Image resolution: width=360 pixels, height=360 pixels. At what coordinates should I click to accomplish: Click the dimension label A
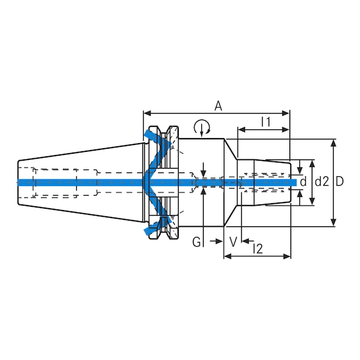(218, 106)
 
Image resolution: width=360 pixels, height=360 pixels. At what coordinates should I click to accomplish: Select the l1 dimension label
(265, 122)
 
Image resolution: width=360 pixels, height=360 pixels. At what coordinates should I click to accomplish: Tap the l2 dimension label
(257, 249)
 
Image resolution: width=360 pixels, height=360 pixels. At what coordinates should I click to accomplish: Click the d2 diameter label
(321, 182)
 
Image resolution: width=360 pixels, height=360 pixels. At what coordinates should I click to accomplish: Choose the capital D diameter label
(340, 182)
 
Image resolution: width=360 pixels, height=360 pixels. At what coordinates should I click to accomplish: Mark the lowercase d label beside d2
(303, 182)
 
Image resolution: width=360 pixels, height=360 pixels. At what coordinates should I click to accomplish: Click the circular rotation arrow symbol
(202, 129)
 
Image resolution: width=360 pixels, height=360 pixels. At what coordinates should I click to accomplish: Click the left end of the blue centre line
(19, 182)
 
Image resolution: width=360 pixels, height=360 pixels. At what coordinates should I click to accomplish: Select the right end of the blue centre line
(294, 182)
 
